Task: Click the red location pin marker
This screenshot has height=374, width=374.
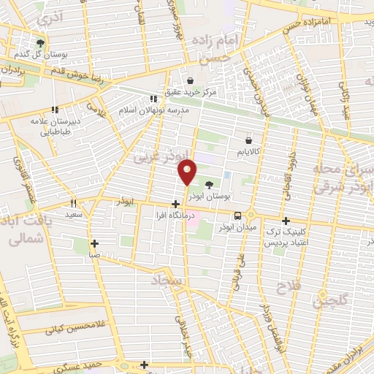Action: click(x=188, y=172)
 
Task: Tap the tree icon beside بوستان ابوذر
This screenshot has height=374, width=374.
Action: click(x=211, y=186)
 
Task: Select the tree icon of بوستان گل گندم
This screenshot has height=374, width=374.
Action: click(x=40, y=44)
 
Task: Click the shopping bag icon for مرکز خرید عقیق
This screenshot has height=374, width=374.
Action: click(x=190, y=80)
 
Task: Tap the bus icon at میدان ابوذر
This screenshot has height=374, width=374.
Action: click(x=237, y=215)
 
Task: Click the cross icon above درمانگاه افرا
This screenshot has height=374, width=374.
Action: click(x=175, y=204)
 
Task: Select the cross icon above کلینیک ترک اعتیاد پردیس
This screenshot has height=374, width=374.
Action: click(x=286, y=220)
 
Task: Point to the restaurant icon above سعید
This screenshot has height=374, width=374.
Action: click(x=73, y=203)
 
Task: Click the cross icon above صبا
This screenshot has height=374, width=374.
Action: click(x=94, y=243)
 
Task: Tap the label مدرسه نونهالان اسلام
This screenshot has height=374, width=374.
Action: click(x=154, y=110)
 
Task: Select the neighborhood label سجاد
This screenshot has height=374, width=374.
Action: click(x=169, y=281)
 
